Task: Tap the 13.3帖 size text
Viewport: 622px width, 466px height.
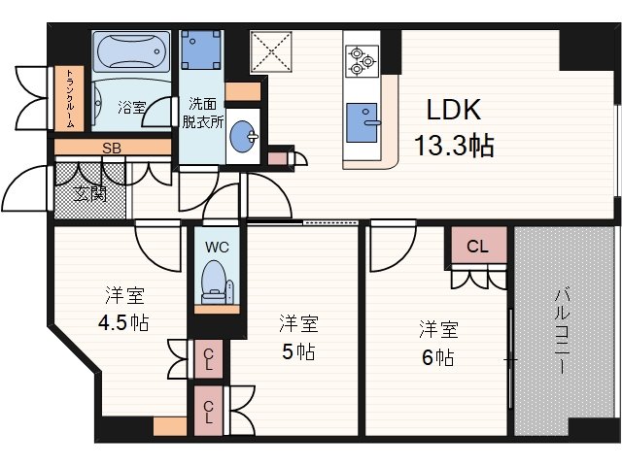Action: click(453, 147)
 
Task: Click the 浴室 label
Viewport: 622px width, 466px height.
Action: click(131, 105)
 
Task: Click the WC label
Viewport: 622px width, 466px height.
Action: click(216, 248)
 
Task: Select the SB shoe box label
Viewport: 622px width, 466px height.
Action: click(112, 149)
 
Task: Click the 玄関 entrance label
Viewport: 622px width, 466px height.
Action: click(91, 193)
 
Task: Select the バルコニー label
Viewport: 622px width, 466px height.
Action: click(563, 331)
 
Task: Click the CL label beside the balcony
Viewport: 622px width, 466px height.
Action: click(477, 247)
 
